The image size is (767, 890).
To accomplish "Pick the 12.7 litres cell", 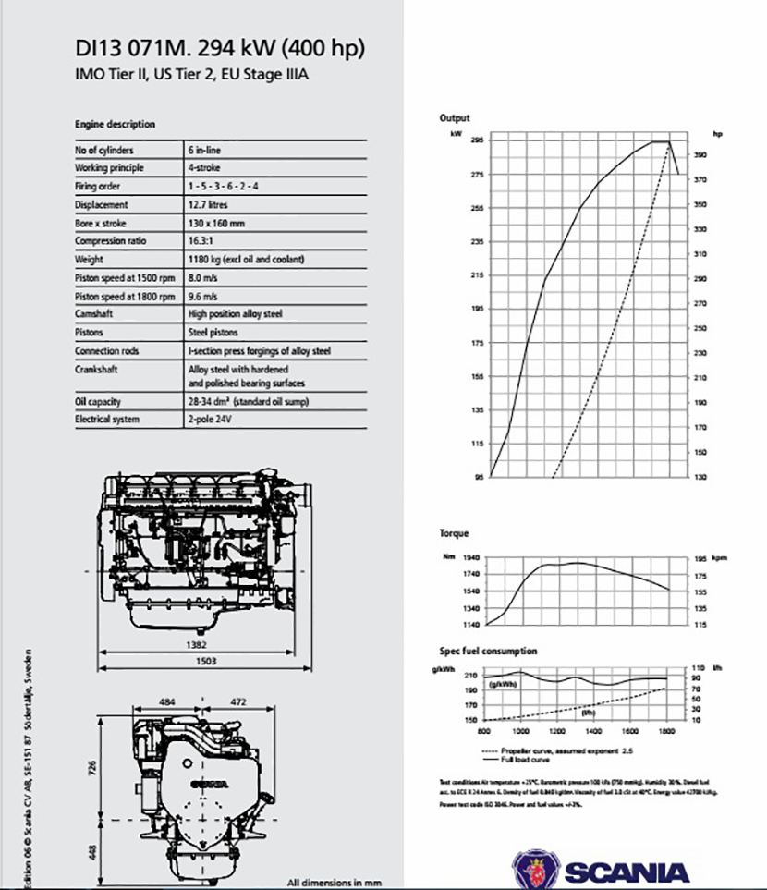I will (x=208, y=205).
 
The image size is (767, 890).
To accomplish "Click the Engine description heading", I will (x=115, y=124).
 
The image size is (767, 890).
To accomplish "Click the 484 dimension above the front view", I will (x=167, y=703).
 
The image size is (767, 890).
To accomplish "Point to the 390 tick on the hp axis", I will (x=701, y=155).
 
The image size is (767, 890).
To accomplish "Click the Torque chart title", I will (x=454, y=534).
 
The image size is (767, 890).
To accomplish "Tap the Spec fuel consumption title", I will (x=488, y=652).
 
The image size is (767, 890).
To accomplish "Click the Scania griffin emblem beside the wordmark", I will (x=534, y=871).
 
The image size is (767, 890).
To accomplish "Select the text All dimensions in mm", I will (x=335, y=882).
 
